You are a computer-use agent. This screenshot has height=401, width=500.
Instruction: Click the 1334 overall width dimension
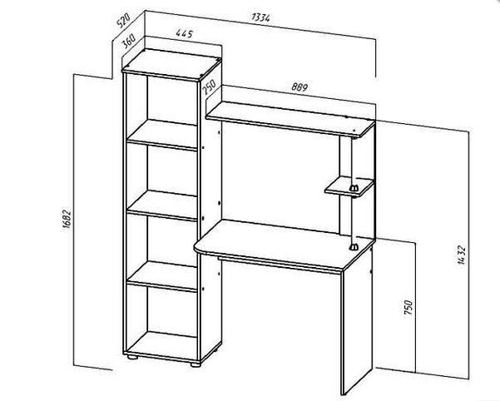tap(261, 17)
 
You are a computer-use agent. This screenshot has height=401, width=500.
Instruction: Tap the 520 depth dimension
tap(123, 20)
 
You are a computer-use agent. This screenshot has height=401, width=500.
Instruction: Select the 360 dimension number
tap(129, 41)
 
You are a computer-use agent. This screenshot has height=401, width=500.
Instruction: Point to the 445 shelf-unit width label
tap(185, 33)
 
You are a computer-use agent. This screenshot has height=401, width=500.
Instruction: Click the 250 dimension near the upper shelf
tap(209, 87)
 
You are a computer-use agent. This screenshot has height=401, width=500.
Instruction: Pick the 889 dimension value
tap(300, 87)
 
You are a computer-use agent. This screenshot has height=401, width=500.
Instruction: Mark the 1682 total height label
tap(67, 220)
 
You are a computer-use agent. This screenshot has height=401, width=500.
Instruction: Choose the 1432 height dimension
tap(462, 255)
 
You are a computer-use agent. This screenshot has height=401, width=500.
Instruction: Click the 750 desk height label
tap(408, 307)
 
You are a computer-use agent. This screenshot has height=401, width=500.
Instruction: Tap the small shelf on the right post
tap(349, 186)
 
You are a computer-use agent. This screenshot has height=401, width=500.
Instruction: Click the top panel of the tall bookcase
tap(171, 65)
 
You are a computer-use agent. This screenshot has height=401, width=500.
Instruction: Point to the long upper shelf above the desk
tap(290, 119)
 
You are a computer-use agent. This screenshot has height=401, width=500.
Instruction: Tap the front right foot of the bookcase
tap(196, 364)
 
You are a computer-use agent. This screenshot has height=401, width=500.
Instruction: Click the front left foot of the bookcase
tap(132, 356)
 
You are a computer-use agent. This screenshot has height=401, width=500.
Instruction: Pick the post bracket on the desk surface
tap(354, 247)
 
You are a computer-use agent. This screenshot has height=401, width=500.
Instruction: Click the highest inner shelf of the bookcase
tap(162, 135)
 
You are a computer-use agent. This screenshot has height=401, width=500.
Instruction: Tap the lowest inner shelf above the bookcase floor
tap(162, 275)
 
